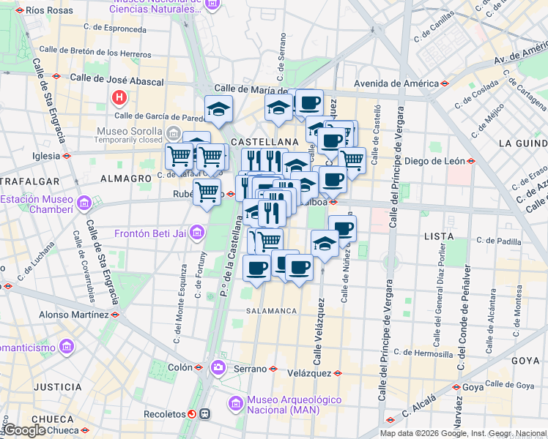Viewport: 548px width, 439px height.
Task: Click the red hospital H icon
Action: tap(118, 97)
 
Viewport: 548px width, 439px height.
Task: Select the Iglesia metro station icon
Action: tap(67, 156)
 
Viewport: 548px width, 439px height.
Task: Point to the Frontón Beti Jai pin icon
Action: tap(196, 234)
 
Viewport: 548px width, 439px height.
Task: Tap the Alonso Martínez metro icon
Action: tap(114, 314)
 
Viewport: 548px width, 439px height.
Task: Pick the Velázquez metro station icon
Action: tap(337, 372)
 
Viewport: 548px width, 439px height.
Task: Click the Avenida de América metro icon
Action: tap(444, 83)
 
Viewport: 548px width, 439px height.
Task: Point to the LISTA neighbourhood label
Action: tap(440, 237)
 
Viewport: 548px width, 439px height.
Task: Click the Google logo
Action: tap(23, 430)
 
